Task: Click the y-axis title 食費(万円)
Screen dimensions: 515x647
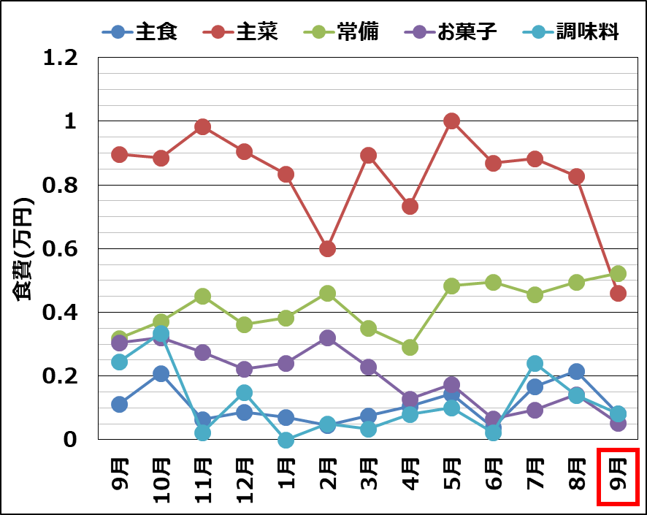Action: tap(23, 248)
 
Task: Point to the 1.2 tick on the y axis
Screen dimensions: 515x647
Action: tap(60, 57)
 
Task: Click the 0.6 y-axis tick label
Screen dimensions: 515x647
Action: tap(60, 248)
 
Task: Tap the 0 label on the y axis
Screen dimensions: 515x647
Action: tap(70, 439)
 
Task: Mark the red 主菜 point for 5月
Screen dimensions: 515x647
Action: tap(451, 121)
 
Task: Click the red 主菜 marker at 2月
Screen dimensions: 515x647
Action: tap(327, 248)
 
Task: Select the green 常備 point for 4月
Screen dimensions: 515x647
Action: tap(410, 347)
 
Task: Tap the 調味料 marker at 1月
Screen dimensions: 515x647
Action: tap(286, 440)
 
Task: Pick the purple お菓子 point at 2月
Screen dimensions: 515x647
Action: tap(327, 337)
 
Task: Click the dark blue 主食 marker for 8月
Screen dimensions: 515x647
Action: tap(576, 371)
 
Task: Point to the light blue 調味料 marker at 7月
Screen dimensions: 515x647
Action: tap(535, 363)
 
